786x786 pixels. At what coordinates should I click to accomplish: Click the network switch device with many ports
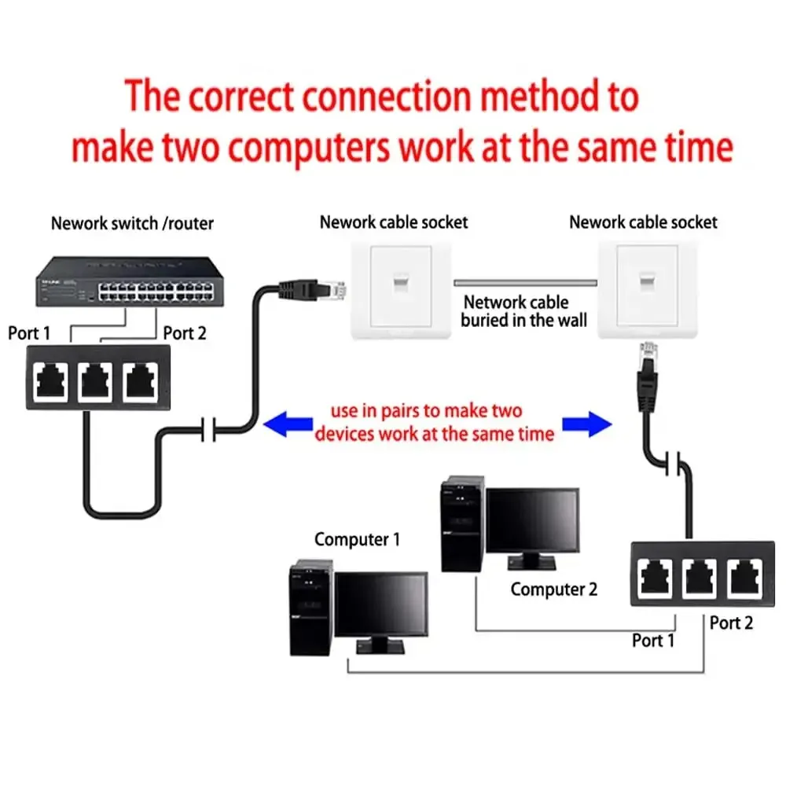[x=127, y=284]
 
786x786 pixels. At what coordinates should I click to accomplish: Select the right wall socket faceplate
[x=648, y=288]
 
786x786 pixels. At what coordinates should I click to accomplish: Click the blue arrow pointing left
[x=286, y=425]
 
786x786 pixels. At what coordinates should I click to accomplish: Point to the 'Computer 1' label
[x=357, y=539]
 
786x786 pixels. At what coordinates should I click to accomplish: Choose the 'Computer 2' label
[x=553, y=589]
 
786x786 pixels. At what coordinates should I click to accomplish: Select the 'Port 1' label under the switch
[x=29, y=333]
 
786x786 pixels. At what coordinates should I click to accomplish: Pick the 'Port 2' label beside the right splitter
[x=731, y=623]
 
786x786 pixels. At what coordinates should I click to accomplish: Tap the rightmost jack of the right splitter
[x=744, y=577]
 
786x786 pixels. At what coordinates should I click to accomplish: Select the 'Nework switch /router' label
[x=132, y=223]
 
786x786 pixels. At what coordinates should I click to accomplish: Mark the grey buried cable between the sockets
[x=525, y=281]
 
